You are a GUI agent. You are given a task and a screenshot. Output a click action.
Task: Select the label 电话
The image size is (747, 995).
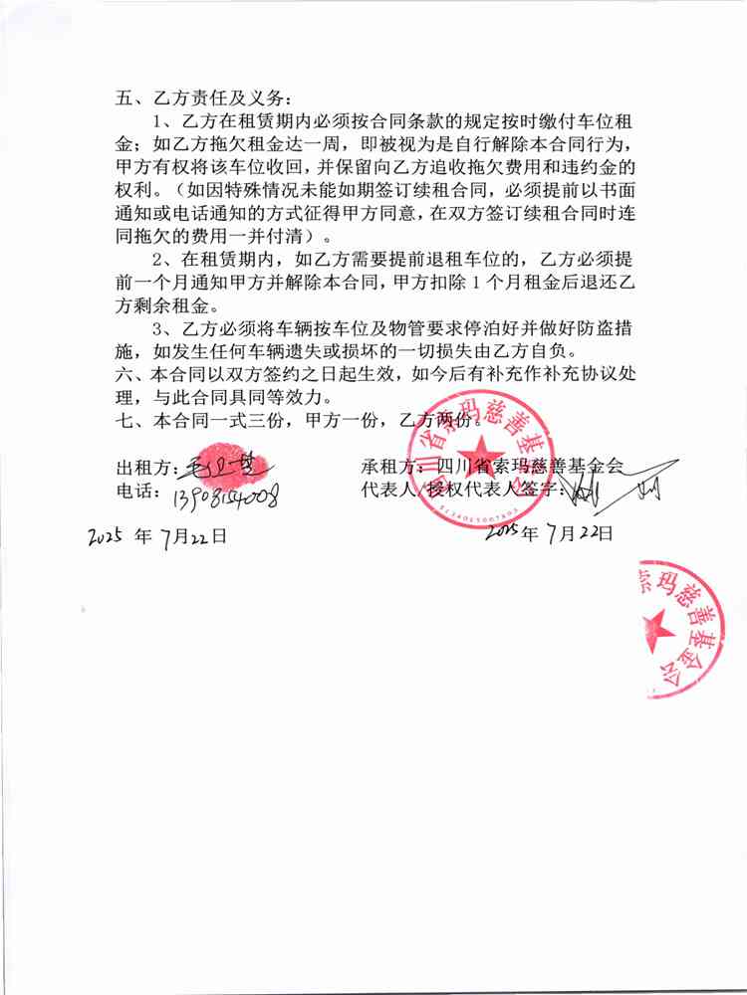click(x=136, y=492)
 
